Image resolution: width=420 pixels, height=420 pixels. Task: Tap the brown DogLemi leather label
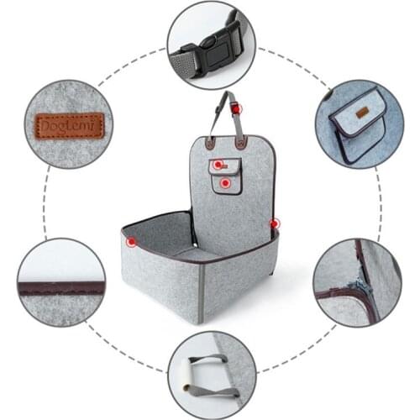(x=69, y=126)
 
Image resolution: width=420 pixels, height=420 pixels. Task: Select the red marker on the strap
(x=236, y=109)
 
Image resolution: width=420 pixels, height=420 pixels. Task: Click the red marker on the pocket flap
(x=218, y=165)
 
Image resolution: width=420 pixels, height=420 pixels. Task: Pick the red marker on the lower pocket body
(x=225, y=183)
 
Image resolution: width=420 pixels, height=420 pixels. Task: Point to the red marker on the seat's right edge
(x=275, y=224)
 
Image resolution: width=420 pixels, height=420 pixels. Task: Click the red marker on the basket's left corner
(x=131, y=242)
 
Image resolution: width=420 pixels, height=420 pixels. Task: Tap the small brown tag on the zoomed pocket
(x=362, y=113)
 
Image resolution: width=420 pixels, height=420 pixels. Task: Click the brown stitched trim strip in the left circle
(x=62, y=289)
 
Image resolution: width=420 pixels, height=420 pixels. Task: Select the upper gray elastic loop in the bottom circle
(x=208, y=360)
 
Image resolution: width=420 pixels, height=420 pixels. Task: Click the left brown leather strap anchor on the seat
(x=209, y=143)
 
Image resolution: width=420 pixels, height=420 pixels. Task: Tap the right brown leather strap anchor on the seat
(x=241, y=142)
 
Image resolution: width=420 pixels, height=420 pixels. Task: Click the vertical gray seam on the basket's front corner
(x=201, y=293)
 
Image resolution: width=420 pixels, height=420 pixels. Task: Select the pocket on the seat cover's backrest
(x=225, y=176)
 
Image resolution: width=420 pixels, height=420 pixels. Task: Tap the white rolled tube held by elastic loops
(x=186, y=375)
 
